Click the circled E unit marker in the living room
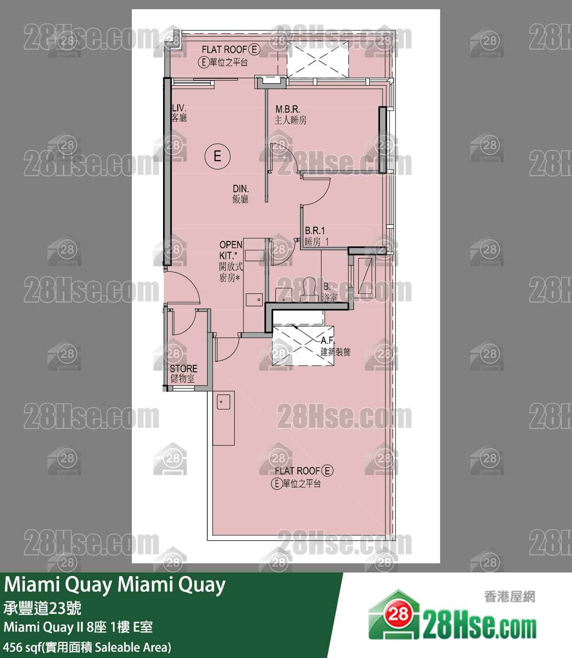pos(217,156)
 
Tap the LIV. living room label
pos(179,113)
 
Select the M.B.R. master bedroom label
pos(289,114)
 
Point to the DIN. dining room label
pos(240,194)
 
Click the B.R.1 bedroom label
pos(316,236)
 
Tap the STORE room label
pos(183,373)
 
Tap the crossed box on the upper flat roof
pos(317,59)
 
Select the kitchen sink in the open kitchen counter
pos(254,299)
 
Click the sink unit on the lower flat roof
pos(224,418)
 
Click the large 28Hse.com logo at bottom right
pos(452,616)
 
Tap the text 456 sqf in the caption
pos(22,647)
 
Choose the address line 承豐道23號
pos(42,608)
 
